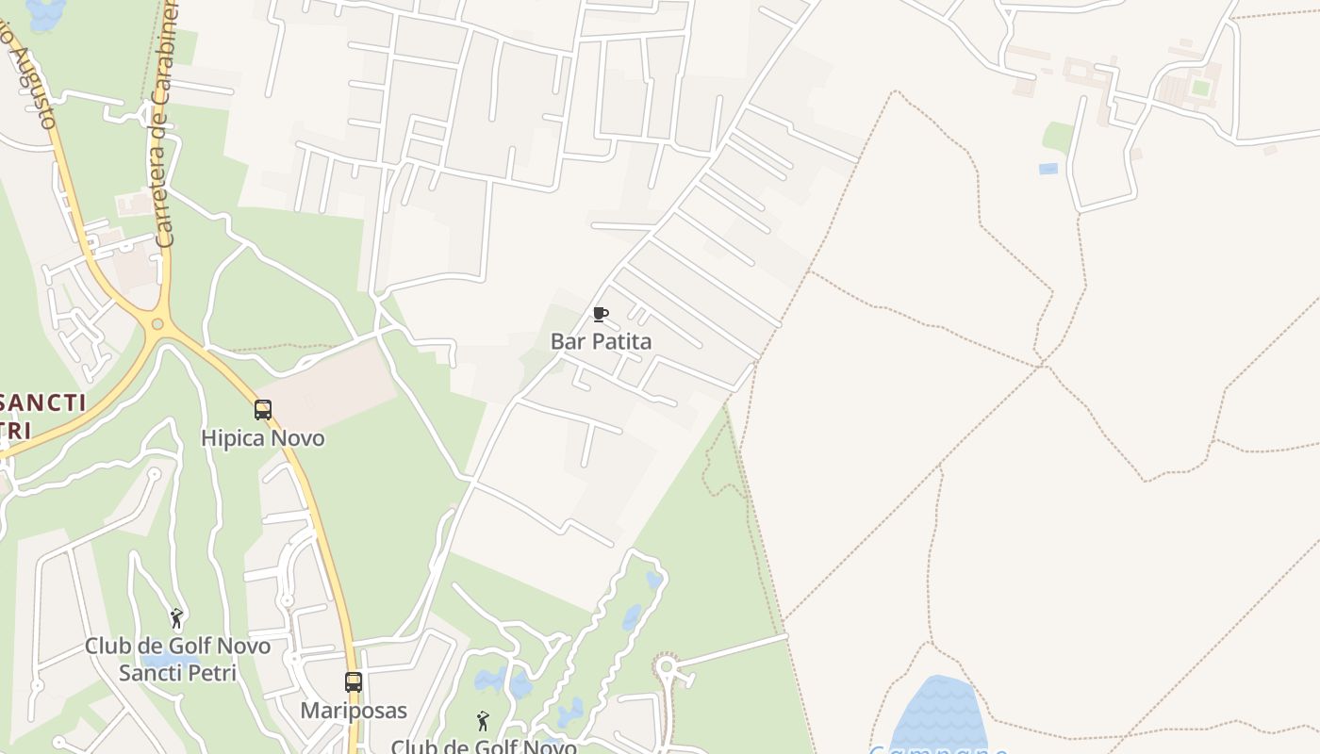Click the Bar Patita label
601,341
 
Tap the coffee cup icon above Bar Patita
600,314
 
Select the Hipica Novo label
262,438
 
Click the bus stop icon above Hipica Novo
263,410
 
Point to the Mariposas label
354,710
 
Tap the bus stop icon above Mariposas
354,681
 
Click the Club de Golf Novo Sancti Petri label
177,660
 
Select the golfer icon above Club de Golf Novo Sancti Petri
176,618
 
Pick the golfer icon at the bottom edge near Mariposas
483,721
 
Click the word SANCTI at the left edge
42,403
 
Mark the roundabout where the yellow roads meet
157,325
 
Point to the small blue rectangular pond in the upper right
1048,169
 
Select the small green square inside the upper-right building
1200,88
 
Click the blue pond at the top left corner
45,11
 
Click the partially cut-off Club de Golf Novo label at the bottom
484,746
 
